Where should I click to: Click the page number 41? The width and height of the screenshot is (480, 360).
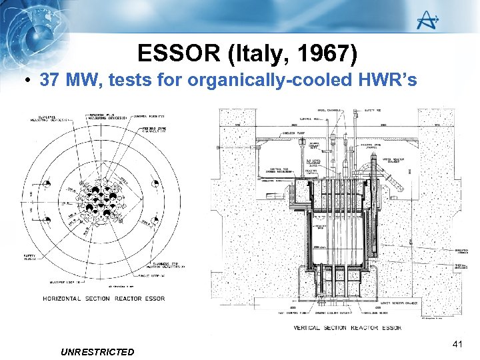pos(457,344)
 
